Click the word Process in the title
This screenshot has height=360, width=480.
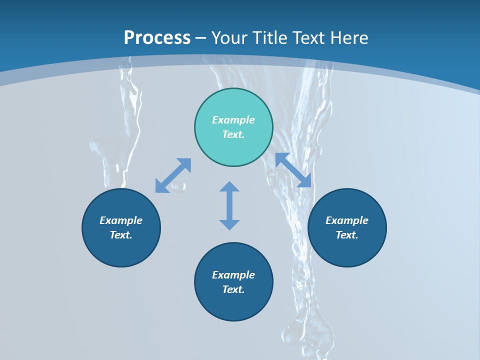tap(157, 38)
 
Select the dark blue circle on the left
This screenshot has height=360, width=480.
tap(121, 250)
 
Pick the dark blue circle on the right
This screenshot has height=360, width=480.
tap(347, 250)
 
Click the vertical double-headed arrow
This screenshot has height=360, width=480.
tap(229, 205)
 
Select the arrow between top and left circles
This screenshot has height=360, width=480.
tap(173, 175)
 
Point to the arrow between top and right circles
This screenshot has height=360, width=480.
tap(293, 170)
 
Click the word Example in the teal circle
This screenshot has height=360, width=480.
tap(233, 120)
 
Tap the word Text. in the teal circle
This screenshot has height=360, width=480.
tap(233, 134)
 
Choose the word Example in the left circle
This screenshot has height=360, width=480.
tap(121, 220)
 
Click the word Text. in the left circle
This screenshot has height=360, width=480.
tap(121, 235)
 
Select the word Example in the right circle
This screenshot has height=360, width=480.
tap(347, 220)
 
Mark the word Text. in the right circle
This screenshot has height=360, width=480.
tap(347, 235)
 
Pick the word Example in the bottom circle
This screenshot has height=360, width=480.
tap(233, 275)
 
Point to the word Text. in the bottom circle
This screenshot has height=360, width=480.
tap(233, 289)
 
